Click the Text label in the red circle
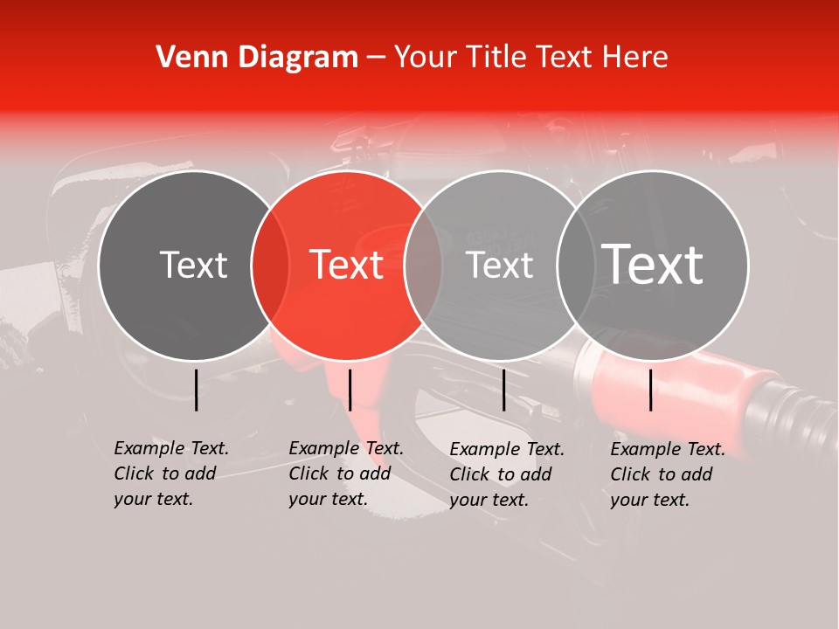pos(347,265)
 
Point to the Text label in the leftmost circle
pos(193,265)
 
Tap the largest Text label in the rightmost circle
pos(653,264)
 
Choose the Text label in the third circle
pos(500,265)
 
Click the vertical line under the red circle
pos(350,390)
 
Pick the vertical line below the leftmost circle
pos(196,390)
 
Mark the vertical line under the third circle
pos(503,390)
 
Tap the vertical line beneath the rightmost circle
pos(651,390)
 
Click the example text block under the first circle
pos(171,473)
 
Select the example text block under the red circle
pos(346,473)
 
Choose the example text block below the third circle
pos(507,474)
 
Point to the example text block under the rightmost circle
pos(668,474)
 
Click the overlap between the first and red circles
pos(270,265)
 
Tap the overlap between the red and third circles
pos(423,265)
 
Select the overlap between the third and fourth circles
pos(572,265)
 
